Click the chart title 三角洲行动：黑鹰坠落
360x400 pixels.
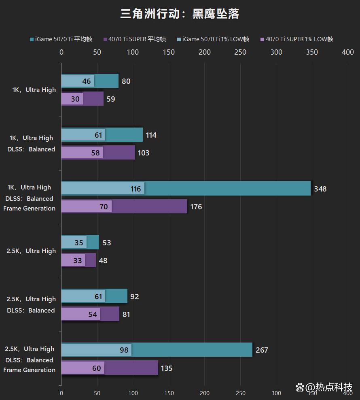(180, 14)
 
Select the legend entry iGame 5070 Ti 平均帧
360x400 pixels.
(61, 39)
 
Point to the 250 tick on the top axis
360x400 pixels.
(240, 52)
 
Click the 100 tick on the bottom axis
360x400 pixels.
(133, 393)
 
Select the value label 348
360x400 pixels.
(320, 189)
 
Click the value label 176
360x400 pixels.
(196, 207)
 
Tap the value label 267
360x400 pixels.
(262, 350)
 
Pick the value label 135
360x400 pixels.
(166, 368)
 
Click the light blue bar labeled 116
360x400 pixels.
(103, 189)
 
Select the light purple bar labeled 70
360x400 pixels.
(86, 207)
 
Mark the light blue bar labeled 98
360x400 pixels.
(96, 350)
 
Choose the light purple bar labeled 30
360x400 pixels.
(72, 99)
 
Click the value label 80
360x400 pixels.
(126, 81)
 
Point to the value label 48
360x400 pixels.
(103, 261)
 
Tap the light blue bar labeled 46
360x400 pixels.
(78, 81)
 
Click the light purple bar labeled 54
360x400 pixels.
(80, 314)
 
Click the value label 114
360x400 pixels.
(151, 135)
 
